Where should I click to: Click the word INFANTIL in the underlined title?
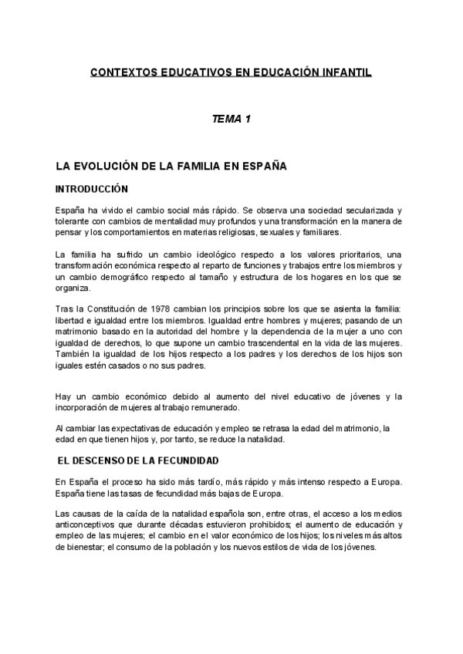(346, 74)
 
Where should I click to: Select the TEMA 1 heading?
(231, 120)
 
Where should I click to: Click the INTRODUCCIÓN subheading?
(91, 189)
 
